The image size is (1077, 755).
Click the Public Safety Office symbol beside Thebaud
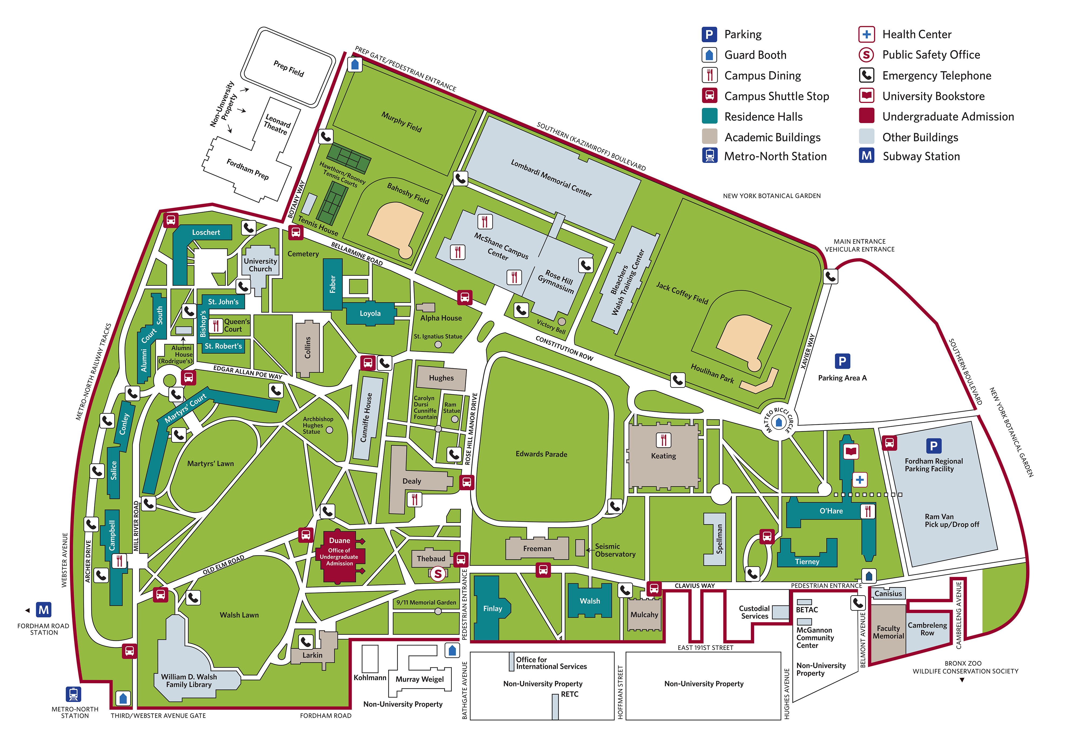tap(438, 573)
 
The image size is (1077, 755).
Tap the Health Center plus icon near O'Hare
tap(859, 479)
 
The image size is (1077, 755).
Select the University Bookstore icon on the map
tap(851, 451)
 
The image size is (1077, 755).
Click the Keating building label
tap(663, 456)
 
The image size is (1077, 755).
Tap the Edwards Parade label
tap(541, 454)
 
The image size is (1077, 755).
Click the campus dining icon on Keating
tap(663, 440)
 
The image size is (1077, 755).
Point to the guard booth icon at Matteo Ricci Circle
tap(779, 422)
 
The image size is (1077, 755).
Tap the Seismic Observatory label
tap(614, 550)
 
